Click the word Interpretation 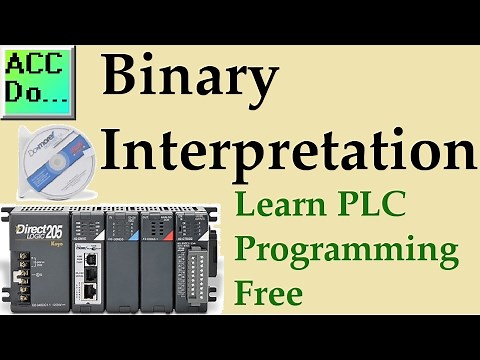tap(288, 153)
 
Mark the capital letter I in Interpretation tap(111, 153)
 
